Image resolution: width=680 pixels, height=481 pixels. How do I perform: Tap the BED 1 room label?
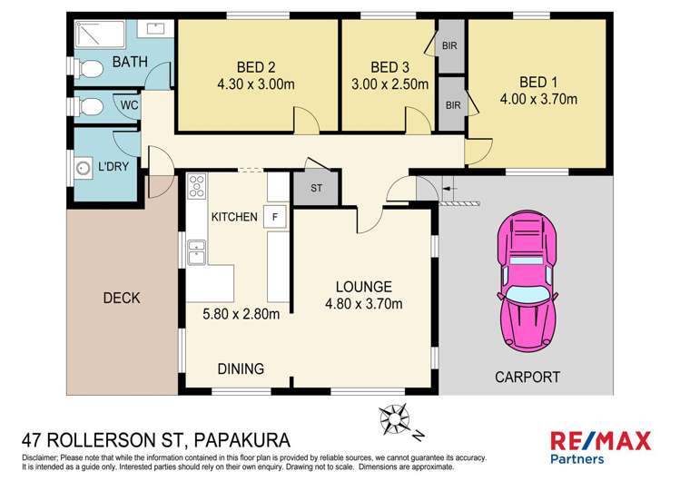click(x=538, y=80)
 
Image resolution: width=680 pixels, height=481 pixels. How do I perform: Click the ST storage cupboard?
click(x=316, y=188)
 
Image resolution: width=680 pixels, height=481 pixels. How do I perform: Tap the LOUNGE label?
click(x=363, y=285)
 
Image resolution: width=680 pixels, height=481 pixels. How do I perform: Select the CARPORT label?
click(x=527, y=377)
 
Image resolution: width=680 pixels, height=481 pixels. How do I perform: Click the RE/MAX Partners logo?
click(x=601, y=447)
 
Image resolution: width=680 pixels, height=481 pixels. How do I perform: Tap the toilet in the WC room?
click(x=91, y=107)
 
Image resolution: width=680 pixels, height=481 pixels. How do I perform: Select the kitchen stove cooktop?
click(x=195, y=188)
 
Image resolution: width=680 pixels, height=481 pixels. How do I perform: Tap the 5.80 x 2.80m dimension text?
click(x=241, y=316)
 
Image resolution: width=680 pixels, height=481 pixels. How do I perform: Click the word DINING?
click(x=240, y=368)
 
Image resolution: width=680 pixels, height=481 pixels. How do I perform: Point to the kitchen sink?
click(x=195, y=250)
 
